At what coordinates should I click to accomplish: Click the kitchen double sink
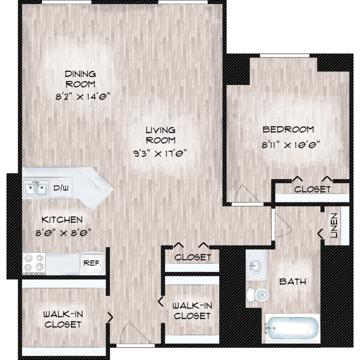click(36, 189)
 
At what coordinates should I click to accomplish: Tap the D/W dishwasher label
click(61, 188)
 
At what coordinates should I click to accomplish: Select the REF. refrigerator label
click(92, 263)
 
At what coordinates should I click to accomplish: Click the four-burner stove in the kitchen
click(34, 264)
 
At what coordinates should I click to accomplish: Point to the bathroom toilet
click(258, 295)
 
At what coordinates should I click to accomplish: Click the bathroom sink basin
click(255, 265)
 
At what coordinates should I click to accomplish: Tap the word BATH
click(293, 281)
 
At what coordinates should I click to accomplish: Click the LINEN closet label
click(334, 226)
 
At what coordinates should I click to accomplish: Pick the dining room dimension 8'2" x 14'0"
click(83, 96)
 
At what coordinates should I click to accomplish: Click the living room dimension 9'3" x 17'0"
click(160, 153)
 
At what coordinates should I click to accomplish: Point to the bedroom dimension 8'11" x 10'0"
click(291, 145)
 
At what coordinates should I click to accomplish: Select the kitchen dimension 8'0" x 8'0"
click(63, 233)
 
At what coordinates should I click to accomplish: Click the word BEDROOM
click(288, 130)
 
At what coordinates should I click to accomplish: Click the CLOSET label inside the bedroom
click(312, 189)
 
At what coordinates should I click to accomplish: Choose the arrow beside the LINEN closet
click(321, 234)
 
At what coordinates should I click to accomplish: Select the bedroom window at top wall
click(285, 56)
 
